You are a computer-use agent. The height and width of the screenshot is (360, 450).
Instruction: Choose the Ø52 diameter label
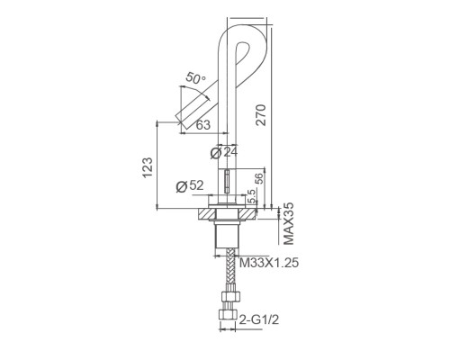click(x=187, y=185)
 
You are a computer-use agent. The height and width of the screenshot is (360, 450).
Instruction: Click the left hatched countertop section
click(x=203, y=215)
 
